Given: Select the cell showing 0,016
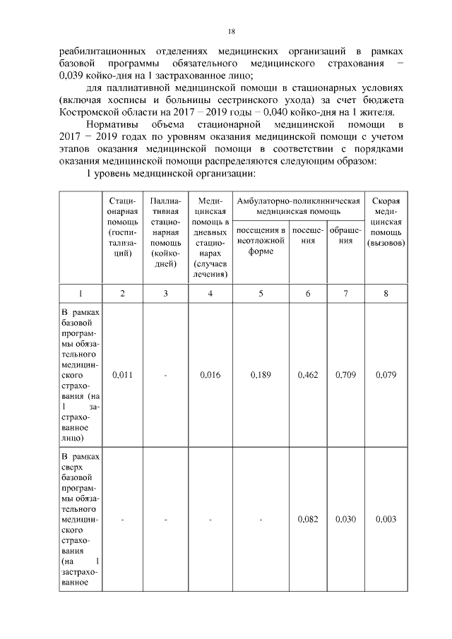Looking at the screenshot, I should pyautogui.click(x=210, y=376).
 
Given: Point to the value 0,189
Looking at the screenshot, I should pyautogui.click(x=261, y=376).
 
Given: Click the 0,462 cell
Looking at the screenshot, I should pyautogui.click(x=308, y=376).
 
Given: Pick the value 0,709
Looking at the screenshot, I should pyautogui.click(x=345, y=376).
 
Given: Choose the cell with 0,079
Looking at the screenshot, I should pyautogui.click(x=386, y=376).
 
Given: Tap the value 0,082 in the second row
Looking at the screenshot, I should pyautogui.click(x=308, y=519).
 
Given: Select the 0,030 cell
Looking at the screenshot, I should pyautogui.click(x=345, y=519).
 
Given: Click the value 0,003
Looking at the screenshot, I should pyautogui.click(x=386, y=519).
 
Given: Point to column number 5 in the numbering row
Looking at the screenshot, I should pyautogui.click(x=261, y=294).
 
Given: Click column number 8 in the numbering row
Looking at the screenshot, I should pyautogui.click(x=386, y=294).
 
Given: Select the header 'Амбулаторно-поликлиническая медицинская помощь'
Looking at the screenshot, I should pyautogui.click(x=299, y=205).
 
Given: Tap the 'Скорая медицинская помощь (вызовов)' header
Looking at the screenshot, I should pyautogui.click(x=386, y=221).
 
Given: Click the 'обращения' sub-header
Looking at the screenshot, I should pyautogui.click(x=345, y=236).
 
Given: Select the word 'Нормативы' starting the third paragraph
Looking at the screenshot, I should pyautogui.click(x=112, y=124).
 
